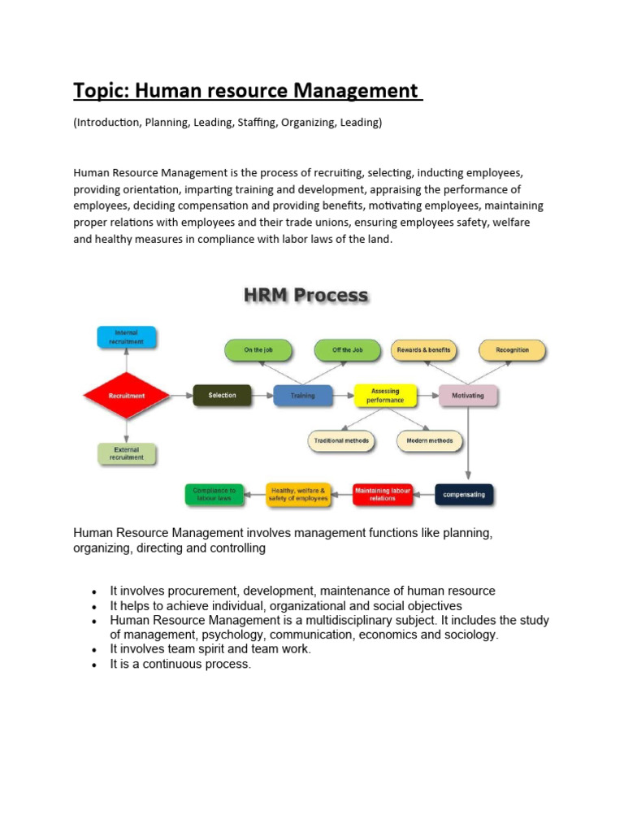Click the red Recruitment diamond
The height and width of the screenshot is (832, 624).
point(126,396)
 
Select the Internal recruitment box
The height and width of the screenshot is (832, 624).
point(126,336)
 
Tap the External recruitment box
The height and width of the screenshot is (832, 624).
point(126,453)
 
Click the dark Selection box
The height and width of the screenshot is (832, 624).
point(222,396)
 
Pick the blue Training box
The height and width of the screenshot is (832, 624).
point(302,396)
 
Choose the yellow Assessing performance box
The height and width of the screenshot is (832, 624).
point(385,396)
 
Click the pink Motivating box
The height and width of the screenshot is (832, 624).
point(467,396)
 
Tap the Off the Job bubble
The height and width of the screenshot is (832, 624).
point(348,350)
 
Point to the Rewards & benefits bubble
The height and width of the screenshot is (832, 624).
point(423,350)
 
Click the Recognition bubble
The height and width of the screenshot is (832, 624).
point(512,350)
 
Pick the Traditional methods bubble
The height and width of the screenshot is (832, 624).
point(341,441)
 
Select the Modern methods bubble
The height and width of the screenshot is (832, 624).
point(430,441)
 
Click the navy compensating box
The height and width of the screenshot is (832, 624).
point(464,494)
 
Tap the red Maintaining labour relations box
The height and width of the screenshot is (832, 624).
point(383,494)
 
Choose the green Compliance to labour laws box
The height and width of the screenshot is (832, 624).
point(215,494)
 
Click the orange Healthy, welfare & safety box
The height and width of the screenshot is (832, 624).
point(298,494)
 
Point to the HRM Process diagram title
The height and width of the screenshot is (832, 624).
point(305,296)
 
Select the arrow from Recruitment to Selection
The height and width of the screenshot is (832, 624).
point(180,396)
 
